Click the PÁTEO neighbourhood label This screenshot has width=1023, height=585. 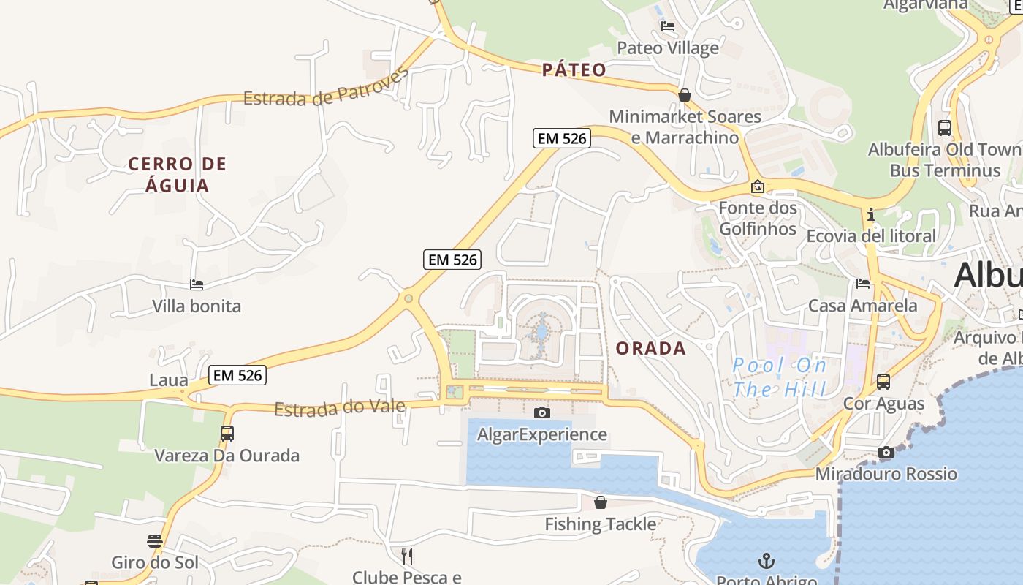click(574, 69)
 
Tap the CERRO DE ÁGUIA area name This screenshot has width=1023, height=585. click(178, 174)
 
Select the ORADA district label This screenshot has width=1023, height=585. click(651, 348)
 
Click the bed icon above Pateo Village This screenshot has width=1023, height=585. click(667, 26)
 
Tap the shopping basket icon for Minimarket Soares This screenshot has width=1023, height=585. click(685, 95)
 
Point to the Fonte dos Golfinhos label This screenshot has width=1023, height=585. click(758, 218)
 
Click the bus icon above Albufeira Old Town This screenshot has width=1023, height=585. click(945, 128)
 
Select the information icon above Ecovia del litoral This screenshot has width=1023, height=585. click(870, 215)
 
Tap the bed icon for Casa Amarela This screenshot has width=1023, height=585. click(863, 284)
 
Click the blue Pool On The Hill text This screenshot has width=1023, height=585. click(780, 377)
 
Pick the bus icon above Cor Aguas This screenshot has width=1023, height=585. click(883, 381)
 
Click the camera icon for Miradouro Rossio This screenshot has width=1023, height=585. click(886, 452)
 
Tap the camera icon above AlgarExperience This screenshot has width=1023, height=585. click(541, 412)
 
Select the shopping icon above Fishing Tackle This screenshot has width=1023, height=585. click(600, 502)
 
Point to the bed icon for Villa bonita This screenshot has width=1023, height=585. click(196, 284)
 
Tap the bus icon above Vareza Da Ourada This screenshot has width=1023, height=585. click(227, 433)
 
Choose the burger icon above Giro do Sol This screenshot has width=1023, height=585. click(155, 541)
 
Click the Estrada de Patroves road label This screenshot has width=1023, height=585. click(325, 89)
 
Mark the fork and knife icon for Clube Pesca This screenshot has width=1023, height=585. click(407, 556)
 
